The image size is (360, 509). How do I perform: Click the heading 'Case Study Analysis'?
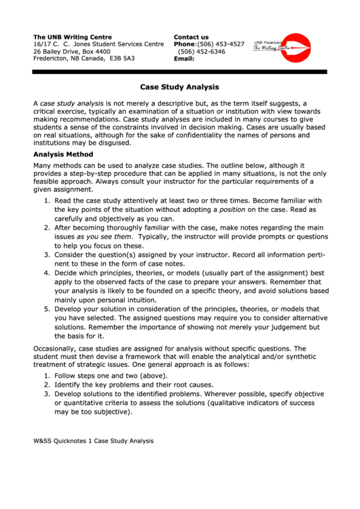[x=179, y=87]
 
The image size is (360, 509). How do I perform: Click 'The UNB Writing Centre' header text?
[x=73, y=37]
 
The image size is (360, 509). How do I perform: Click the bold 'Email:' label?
[x=184, y=58]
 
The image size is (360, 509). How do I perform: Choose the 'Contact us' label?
[x=192, y=37]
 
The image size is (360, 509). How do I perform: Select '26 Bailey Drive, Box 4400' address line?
[x=71, y=52]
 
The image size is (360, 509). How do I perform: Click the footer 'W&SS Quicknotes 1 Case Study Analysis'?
[x=94, y=441]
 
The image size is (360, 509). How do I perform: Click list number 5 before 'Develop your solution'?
[x=47, y=309]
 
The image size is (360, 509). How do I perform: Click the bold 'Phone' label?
[x=185, y=44]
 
